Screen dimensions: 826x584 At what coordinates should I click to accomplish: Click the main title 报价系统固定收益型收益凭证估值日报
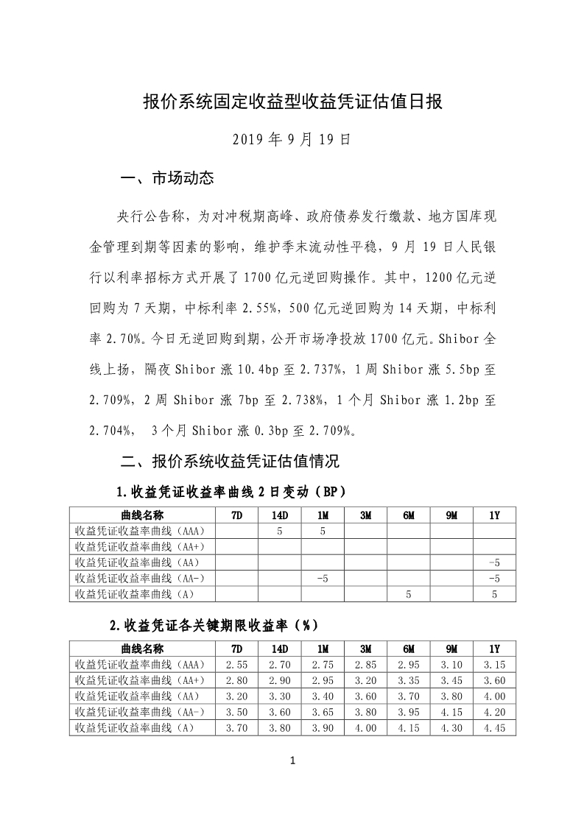tap(292, 102)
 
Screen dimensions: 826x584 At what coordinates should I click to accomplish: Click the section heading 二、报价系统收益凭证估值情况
tap(230, 462)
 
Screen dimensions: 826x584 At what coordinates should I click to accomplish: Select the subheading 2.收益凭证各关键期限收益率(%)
tap(213, 626)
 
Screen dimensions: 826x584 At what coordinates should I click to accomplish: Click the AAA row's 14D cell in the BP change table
tap(280, 530)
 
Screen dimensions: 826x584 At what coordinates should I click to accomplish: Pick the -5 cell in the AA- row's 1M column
tap(322, 577)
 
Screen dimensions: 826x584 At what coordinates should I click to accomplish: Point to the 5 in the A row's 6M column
tap(408, 593)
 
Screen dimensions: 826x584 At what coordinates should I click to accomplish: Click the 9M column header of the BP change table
tap(451, 515)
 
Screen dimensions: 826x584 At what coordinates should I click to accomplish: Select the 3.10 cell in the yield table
tap(451, 665)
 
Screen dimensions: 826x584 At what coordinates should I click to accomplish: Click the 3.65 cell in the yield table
tap(323, 712)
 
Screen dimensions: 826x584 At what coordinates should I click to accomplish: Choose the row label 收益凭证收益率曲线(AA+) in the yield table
tap(140, 680)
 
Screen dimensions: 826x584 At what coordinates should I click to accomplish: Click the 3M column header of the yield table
tap(365, 649)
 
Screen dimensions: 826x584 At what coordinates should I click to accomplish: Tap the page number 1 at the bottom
tap(292, 761)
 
